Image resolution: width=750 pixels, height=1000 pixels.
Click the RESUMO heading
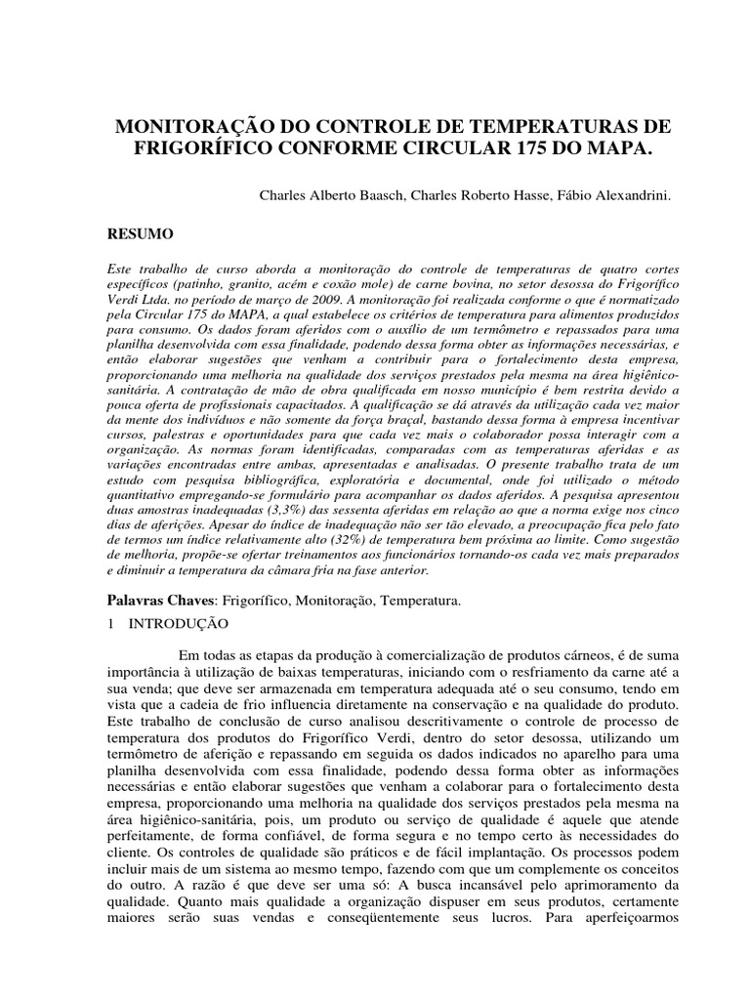[x=139, y=234]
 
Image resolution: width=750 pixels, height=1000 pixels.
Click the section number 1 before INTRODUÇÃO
[x=112, y=622]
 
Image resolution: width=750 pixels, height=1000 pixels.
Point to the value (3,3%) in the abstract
[x=267, y=522]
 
